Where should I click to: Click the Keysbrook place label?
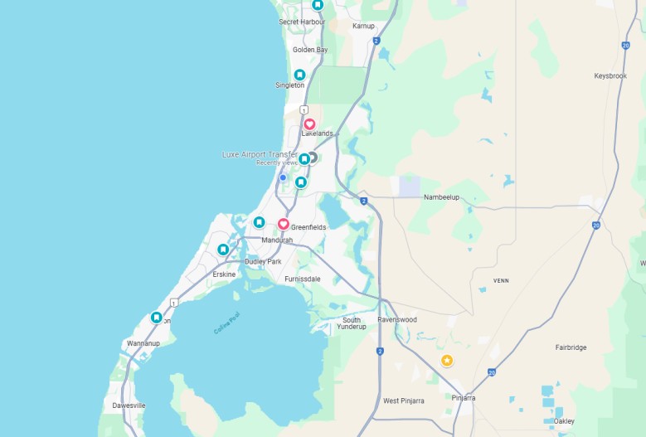click(610, 75)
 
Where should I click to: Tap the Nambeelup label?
click(441, 197)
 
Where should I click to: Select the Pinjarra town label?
click(464, 398)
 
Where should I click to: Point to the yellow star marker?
click(447, 360)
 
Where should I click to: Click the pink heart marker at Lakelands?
click(309, 124)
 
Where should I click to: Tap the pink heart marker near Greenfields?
click(283, 224)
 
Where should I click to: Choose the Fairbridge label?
click(571, 347)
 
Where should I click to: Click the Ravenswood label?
click(397, 319)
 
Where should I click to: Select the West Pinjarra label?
click(404, 401)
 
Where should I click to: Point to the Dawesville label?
click(129, 405)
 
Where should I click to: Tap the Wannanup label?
click(143, 342)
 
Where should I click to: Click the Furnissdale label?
click(302, 279)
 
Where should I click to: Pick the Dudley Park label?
click(263, 261)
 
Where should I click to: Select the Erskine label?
click(224, 274)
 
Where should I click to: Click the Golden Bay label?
click(310, 50)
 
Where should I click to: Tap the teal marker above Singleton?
click(299, 75)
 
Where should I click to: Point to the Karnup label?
click(363, 26)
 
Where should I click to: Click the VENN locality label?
click(500, 281)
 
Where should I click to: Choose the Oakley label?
click(564, 420)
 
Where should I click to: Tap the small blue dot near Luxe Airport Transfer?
click(283, 177)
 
